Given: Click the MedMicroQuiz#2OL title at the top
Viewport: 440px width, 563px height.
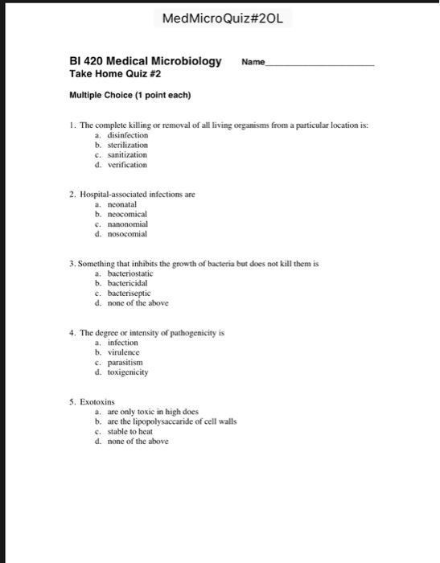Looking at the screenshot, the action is (x=220, y=18).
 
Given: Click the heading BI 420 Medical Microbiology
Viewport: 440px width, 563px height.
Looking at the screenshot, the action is (x=146, y=61).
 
